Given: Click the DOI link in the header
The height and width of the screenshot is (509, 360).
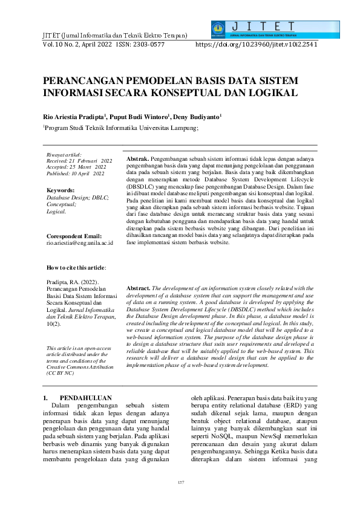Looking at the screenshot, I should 257,45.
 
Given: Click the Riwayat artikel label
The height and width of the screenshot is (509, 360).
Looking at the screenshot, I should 64,156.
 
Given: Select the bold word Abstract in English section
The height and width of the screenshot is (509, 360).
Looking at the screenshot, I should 138,288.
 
